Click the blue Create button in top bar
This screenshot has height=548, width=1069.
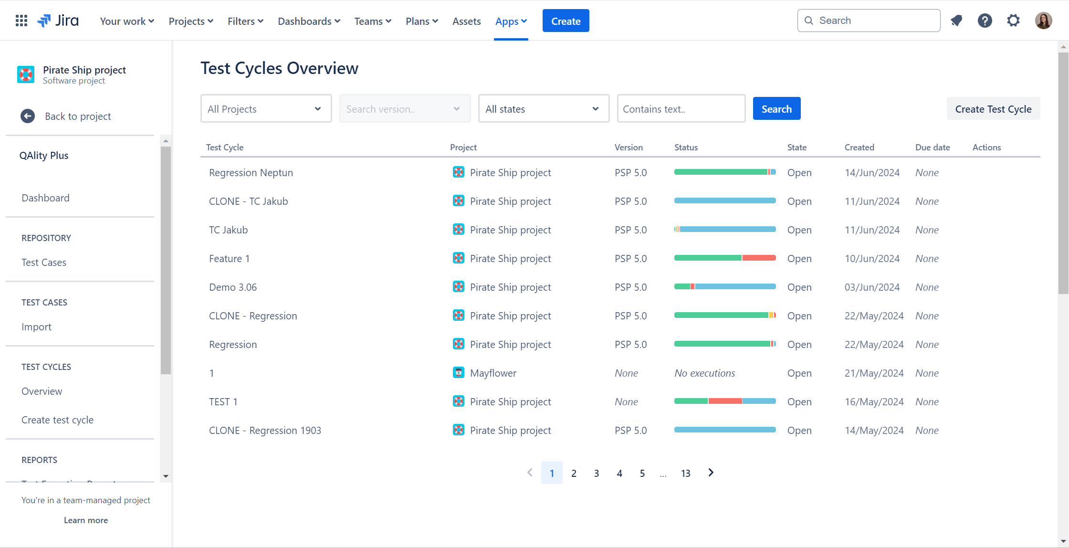[x=566, y=21]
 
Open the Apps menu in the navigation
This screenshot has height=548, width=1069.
[x=511, y=21]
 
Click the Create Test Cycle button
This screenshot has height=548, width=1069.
[x=993, y=109]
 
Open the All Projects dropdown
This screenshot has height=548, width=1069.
[x=266, y=109]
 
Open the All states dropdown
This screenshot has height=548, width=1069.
[x=543, y=109]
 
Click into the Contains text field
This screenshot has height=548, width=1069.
[x=681, y=109]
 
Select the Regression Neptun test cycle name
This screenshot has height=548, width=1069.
[x=251, y=173]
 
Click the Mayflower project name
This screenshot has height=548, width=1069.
[x=493, y=373]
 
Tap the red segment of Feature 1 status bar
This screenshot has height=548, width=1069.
[x=759, y=258]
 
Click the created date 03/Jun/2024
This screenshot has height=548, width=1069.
[x=872, y=287]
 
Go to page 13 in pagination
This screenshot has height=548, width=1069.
[x=685, y=473]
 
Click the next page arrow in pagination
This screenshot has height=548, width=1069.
[x=711, y=473]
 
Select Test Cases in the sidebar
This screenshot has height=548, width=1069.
[x=44, y=263]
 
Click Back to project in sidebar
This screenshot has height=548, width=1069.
[x=78, y=116]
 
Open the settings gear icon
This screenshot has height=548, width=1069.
[x=1013, y=21]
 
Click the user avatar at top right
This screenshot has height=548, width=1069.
[x=1043, y=21]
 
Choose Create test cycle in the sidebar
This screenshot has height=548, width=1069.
[x=57, y=420]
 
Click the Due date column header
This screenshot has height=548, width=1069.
[x=932, y=148]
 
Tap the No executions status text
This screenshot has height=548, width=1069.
[x=704, y=373]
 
